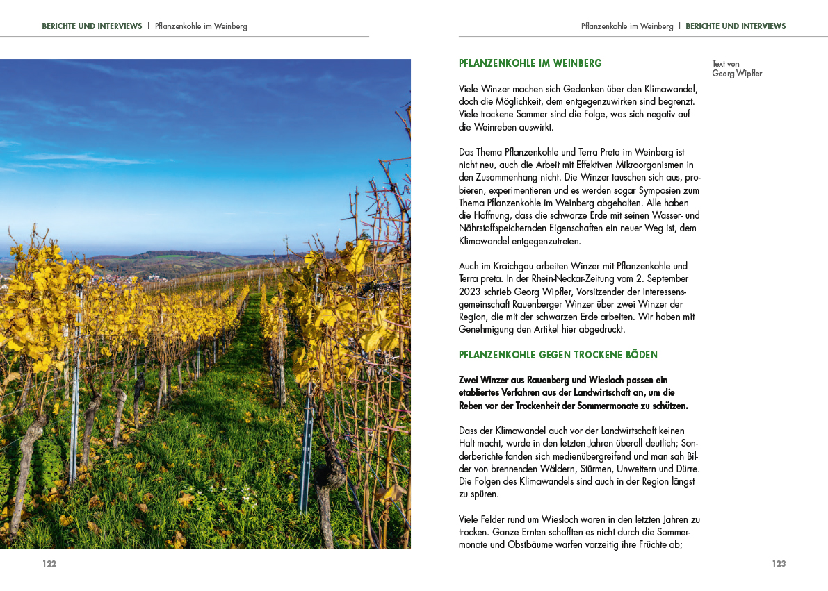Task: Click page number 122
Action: [49, 564]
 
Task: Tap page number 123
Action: [779, 564]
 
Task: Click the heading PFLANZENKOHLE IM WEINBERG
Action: [530, 63]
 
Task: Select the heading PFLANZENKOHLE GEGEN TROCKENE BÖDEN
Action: [558, 355]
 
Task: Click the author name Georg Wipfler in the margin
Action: [737, 74]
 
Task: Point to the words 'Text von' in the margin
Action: [725, 64]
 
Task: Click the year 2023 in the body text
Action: [471, 292]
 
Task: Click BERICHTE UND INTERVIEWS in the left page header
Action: [92, 26]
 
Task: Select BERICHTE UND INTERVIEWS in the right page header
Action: [736, 26]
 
